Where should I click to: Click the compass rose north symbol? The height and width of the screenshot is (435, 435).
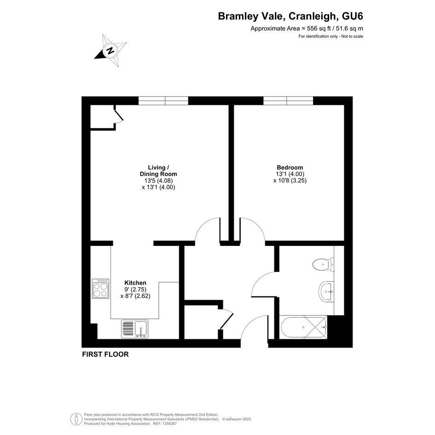[110, 51]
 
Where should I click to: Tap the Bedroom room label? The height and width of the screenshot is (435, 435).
[290, 168]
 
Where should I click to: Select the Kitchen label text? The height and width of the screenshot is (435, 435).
[135, 283]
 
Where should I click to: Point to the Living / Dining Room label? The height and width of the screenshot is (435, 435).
[158, 171]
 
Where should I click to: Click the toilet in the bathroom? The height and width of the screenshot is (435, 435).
[323, 264]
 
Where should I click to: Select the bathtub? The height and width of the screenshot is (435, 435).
[303, 327]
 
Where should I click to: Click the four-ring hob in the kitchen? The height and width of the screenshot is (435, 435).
[100, 289]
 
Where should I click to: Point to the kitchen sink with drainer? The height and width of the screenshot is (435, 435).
[134, 329]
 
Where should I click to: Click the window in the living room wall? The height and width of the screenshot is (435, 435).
[163, 100]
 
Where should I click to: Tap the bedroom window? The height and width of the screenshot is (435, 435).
[288, 100]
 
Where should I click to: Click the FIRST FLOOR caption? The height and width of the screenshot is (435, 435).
[105, 354]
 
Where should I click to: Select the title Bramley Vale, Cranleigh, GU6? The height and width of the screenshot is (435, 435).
[290, 16]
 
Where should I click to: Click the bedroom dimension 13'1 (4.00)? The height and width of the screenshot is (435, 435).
[290, 174]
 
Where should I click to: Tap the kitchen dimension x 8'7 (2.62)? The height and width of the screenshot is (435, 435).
[135, 296]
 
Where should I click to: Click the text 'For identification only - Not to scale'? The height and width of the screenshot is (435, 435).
[331, 36]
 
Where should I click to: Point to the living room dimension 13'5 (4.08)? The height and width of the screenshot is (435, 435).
[158, 180]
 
